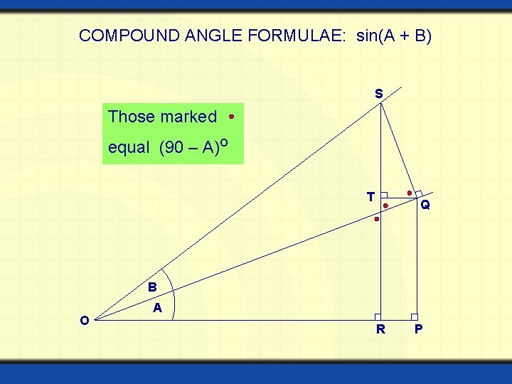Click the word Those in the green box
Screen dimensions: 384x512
[132, 117]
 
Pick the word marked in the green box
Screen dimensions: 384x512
[188, 117]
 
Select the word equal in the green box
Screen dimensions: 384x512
[129, 148]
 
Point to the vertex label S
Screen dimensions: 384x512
[378, 94]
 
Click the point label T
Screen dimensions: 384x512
[370, 197]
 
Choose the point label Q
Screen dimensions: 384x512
[425, 206]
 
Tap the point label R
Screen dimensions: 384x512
[381, 329]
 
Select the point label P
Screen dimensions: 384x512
[419, 329]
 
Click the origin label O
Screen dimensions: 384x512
[84, 321]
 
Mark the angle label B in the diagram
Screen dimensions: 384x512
[152, 288]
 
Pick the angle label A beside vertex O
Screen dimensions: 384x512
[158, 308]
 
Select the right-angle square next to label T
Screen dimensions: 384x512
[384, 195]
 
